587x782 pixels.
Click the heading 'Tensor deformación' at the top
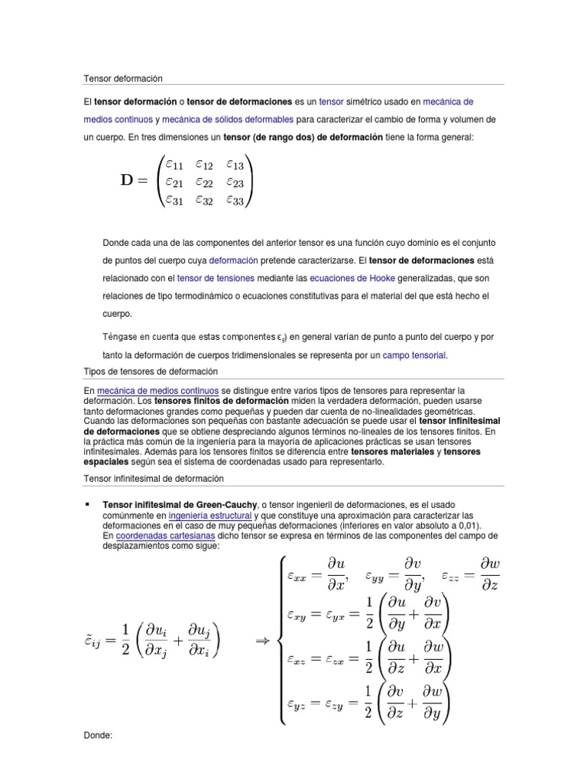tap(123, 79)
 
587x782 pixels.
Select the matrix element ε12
tap(204, 163)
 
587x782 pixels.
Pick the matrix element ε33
tap(235, 200)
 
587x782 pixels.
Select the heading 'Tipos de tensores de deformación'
tap(151, 371)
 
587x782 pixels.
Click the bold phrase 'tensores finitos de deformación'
tap(222, 401)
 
